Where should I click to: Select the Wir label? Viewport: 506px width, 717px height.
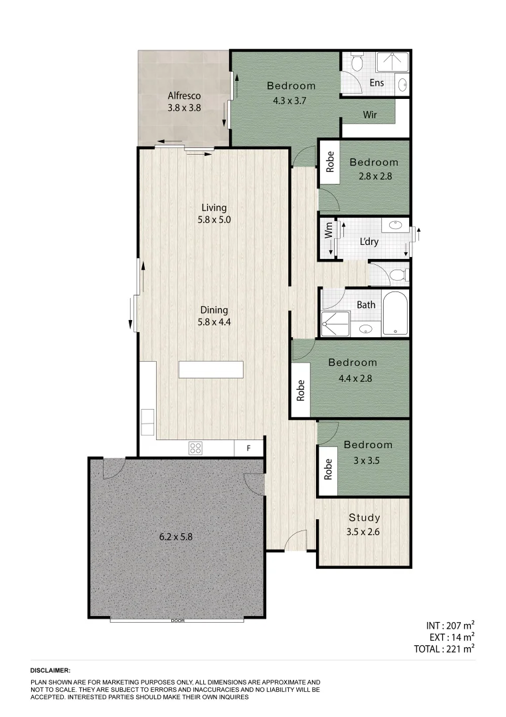[x=370, y=115]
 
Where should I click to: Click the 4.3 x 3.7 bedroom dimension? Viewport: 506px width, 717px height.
[x=291, y=101]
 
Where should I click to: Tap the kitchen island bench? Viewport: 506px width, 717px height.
[x=211, y=369]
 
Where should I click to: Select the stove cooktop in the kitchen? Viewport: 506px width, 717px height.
[x=195, y=448]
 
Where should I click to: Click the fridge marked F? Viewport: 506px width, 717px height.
[x=248, y=448]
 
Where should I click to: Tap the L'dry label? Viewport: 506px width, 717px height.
[x=369, y=242]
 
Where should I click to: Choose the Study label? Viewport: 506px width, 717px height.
[x=365, y=518]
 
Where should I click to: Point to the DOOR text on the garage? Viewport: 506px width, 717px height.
[x=177, y=621]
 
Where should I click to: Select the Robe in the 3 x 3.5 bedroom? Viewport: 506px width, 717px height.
[x=328, y=470]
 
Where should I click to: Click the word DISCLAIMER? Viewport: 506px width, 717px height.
[x=50, y=671]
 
